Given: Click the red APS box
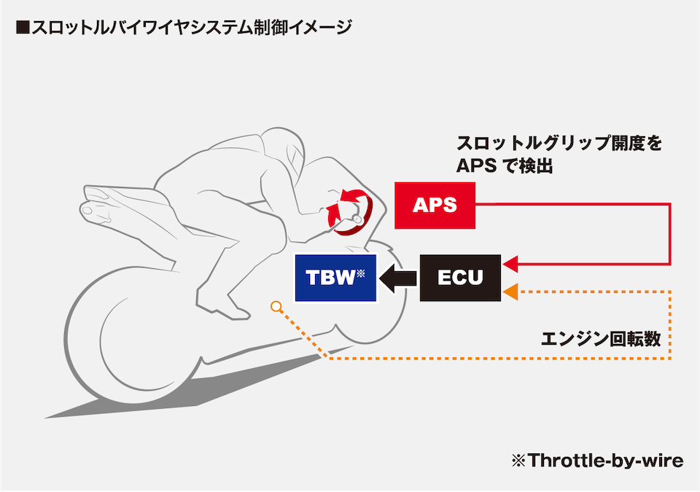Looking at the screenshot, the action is pyautogui.click(x=435, y=206).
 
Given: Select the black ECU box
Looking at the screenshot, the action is pyautogui.click(x=460, y=278).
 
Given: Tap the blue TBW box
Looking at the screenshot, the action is pyautogui.click(x=335, y=278).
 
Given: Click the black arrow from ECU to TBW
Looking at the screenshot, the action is pyautogui.click(x=397, y=278).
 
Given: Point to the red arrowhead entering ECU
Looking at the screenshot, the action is pyautogui.click(x=510, y=265).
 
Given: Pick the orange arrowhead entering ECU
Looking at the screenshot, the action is pyautogui.click(x=510, y=292).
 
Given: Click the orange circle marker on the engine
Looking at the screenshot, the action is pyautogui.click(x=276, y=306).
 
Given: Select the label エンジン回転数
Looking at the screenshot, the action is pyautogui.click(x=600, y=339).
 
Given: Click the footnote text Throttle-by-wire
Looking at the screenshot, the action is pyautogui.click(x=605, y=461).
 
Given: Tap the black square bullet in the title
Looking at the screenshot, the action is pyautogui.click(x=23, y=27).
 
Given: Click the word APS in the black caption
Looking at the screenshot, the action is pyautogui.click(x=476, y=166).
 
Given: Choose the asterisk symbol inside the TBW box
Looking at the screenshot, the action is pyautogui.click(x=361, y=272).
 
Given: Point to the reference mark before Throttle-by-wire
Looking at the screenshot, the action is pyautogui.click(x=518, y=461).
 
